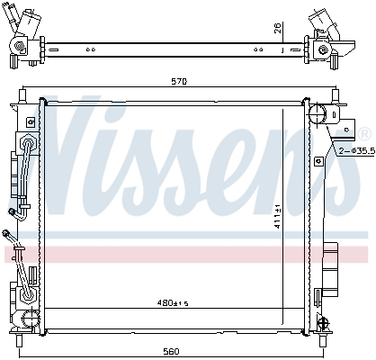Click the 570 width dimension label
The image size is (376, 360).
click(x=179, y=83)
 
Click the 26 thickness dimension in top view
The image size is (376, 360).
click(x=280, y=27)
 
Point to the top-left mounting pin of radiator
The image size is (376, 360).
click(x=25, y=93)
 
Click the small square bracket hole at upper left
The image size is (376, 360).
click(x=31, y=121)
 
